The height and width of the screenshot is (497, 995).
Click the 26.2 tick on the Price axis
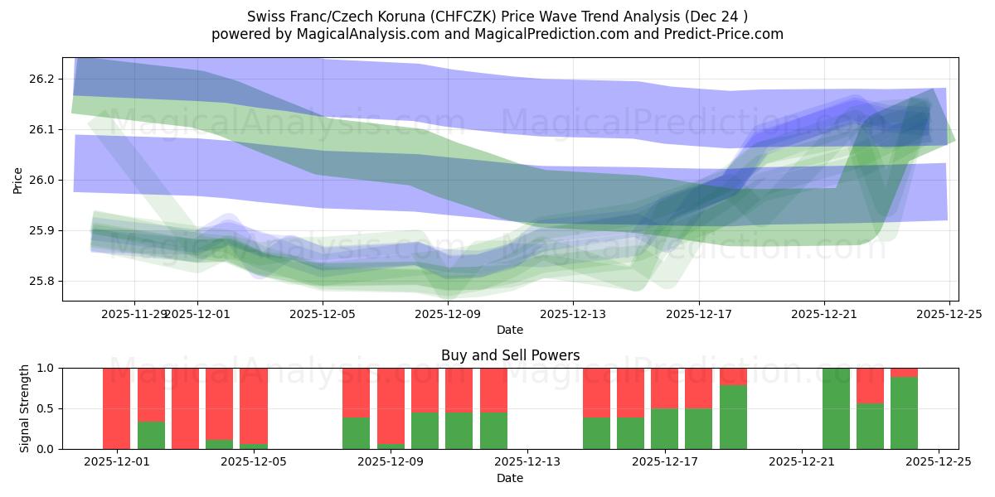41,79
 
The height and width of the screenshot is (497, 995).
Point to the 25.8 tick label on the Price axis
41,281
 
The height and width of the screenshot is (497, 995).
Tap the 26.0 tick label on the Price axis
41,180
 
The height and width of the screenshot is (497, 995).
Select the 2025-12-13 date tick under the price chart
573,314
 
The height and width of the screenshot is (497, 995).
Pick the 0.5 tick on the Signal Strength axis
46,408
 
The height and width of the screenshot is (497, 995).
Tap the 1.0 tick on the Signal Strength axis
46,368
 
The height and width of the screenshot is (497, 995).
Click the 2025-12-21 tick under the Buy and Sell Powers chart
802,461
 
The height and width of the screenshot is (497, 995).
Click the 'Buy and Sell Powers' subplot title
510,355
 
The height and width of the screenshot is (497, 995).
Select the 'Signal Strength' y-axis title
25,408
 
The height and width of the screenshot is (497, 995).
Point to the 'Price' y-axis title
18,180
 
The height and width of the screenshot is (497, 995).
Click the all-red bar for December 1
117,408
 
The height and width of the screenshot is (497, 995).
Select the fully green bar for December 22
836,408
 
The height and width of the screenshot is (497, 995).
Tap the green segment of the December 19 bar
733,417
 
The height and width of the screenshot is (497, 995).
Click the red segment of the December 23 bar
870,385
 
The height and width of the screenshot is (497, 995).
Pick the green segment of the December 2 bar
151,436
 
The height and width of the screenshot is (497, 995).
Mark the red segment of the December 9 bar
391,406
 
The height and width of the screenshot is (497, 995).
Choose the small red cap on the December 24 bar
904,373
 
